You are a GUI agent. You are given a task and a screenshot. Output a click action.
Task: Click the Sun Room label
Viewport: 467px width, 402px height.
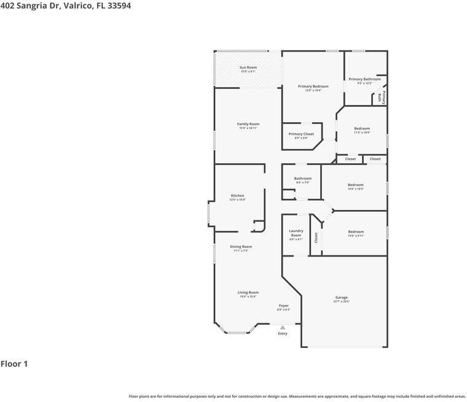pos(248,68)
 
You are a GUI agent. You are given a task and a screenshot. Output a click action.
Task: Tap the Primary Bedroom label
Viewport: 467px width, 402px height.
pos(313,87)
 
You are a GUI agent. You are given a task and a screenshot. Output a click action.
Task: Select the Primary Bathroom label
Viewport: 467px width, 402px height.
pos(364,79)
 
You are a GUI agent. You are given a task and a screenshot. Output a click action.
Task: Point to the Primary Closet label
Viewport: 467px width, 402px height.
pos(301,134)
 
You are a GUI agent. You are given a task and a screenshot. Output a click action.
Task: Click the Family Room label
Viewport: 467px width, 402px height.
pos(248,124)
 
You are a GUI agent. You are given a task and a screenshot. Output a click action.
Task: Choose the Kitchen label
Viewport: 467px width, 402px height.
pos(237,196)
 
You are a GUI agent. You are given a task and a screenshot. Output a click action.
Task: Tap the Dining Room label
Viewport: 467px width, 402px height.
pos(241,247)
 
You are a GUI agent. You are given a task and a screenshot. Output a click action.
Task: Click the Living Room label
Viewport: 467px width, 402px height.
pos(248,293)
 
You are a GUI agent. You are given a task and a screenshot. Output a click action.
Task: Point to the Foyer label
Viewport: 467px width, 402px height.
pos(283,306)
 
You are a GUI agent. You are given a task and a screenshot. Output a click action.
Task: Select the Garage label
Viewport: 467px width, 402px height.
pos(342,298)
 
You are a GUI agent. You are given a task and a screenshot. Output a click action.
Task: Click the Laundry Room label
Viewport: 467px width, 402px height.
pos(296,233)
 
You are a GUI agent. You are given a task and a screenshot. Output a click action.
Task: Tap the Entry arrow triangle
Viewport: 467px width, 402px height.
pos(283,328)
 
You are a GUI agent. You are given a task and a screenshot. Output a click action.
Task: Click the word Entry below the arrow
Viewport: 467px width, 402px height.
pos(283,334)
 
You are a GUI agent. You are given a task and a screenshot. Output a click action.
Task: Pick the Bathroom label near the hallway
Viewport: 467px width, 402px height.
pos(302,179)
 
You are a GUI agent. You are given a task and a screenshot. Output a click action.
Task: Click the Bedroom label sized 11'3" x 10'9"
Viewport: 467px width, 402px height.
pos(362,128)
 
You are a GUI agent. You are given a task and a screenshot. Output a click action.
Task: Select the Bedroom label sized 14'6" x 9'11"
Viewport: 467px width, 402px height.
pos(356,232)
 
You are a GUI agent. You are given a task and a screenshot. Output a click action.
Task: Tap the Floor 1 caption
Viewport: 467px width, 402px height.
pos(14,364)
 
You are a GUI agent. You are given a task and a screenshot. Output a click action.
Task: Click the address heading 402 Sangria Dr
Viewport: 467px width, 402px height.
pos(65,6)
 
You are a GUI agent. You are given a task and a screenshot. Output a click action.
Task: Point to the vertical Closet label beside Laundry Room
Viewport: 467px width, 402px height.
pos(316,238)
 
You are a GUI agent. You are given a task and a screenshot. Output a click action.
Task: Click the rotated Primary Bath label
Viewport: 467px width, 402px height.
pos(382,97)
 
